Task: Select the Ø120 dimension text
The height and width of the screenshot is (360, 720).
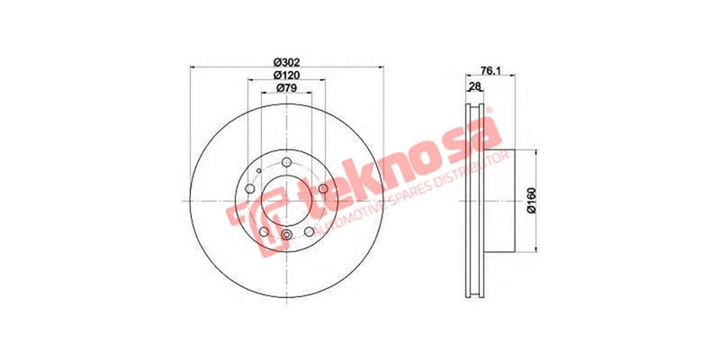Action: click(x=287, y=76)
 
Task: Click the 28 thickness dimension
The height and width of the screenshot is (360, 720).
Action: click(x=474, y=86)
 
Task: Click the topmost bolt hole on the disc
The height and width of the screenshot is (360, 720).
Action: click(x=287, y=162)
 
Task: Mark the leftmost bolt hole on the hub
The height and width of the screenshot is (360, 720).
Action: click(x=250, y=189)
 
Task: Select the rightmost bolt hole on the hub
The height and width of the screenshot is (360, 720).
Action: click(x=323, y=189)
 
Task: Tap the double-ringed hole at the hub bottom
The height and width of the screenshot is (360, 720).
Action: click(x=287, y=236)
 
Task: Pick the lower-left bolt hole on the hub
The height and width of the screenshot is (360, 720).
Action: click(x=265, y=230)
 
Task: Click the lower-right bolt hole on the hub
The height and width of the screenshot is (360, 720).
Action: click(x=310, y=230)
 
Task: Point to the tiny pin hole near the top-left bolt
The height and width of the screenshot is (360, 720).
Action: click(x=258, y=171)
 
